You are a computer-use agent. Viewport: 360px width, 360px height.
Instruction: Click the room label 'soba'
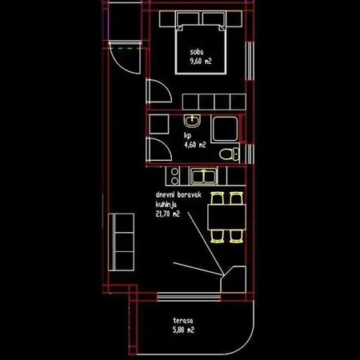[x=197, y=52]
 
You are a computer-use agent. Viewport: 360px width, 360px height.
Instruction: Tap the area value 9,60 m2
[x=201, y=61]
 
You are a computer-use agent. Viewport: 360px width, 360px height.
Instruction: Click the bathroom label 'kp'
[x=187, y=136]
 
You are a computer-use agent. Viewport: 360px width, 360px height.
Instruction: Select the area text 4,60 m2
[x=195, y=145]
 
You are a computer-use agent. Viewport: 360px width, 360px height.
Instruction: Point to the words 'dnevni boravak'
[x=178, y=194]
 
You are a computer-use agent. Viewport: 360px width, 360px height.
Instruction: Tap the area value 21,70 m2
[x=167, y=214]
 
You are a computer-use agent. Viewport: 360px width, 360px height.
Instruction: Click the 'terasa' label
[x=183, y=320]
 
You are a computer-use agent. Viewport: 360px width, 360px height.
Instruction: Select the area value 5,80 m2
[x=183, y=330]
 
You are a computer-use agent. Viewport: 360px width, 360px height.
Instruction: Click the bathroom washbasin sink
[x=192, y=121]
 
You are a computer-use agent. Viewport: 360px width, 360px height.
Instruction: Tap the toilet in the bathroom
[x=230, y=154]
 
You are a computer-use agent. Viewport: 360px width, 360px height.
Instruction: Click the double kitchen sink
[x=204, y=177]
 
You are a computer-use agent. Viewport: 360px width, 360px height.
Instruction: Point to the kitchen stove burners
[x=174, y=176]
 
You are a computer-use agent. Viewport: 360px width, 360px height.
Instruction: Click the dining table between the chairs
[x=226, y=217]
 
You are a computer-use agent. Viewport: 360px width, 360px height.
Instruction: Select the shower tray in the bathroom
[x=225, y=129]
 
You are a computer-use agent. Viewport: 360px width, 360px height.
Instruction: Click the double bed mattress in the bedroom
[x=201, y=49]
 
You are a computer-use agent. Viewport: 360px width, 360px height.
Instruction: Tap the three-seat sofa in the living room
[x=122, y=242]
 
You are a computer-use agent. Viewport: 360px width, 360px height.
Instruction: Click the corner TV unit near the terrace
[x=234, y=280]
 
